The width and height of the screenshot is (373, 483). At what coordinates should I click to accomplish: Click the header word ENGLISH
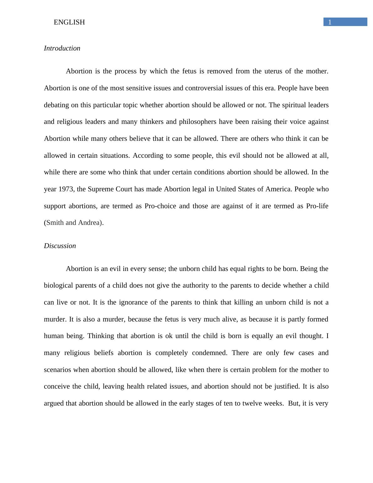tap(69, 22)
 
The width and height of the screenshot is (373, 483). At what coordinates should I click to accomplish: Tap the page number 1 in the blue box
tap(330, 22)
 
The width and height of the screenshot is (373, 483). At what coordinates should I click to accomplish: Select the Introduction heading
tap(62, 48)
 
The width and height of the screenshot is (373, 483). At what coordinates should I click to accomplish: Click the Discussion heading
tap(60, 246)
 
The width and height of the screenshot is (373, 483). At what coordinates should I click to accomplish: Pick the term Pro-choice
tap(160, 206)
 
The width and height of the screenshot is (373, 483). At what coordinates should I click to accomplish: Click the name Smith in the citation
tap(55, 223)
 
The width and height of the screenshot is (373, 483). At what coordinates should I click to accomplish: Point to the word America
tap(279, 189)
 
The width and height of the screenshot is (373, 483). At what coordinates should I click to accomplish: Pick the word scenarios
tap(58, 370)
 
